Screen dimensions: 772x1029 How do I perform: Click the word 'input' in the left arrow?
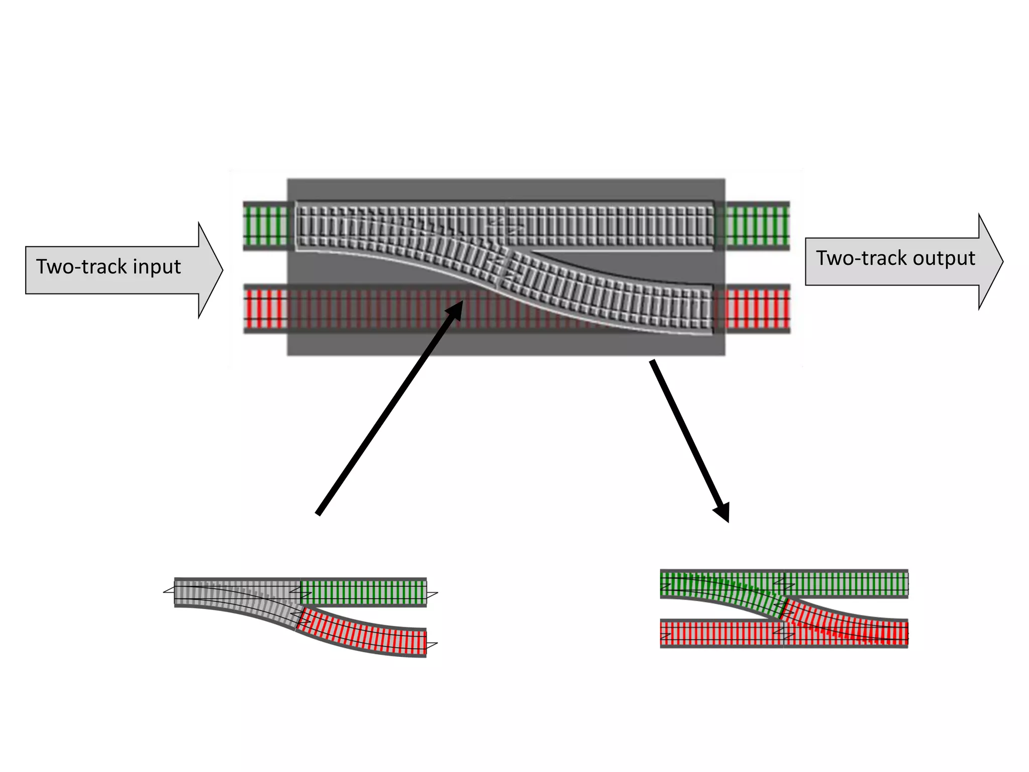(x=156, y=266)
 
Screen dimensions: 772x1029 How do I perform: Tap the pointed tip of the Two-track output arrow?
(x=1001, y=261)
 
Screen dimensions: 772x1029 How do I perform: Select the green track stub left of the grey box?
(x=265, y=226)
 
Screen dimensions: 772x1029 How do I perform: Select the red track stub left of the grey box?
(x=265, y=309)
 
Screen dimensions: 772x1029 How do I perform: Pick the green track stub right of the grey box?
(x=758, y=226)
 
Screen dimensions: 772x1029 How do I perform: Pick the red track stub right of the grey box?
(x=758, y=309)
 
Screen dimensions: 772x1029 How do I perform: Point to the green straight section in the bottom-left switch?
(x=363, y=592)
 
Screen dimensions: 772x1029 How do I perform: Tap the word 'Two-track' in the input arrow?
(x=81, y=266)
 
